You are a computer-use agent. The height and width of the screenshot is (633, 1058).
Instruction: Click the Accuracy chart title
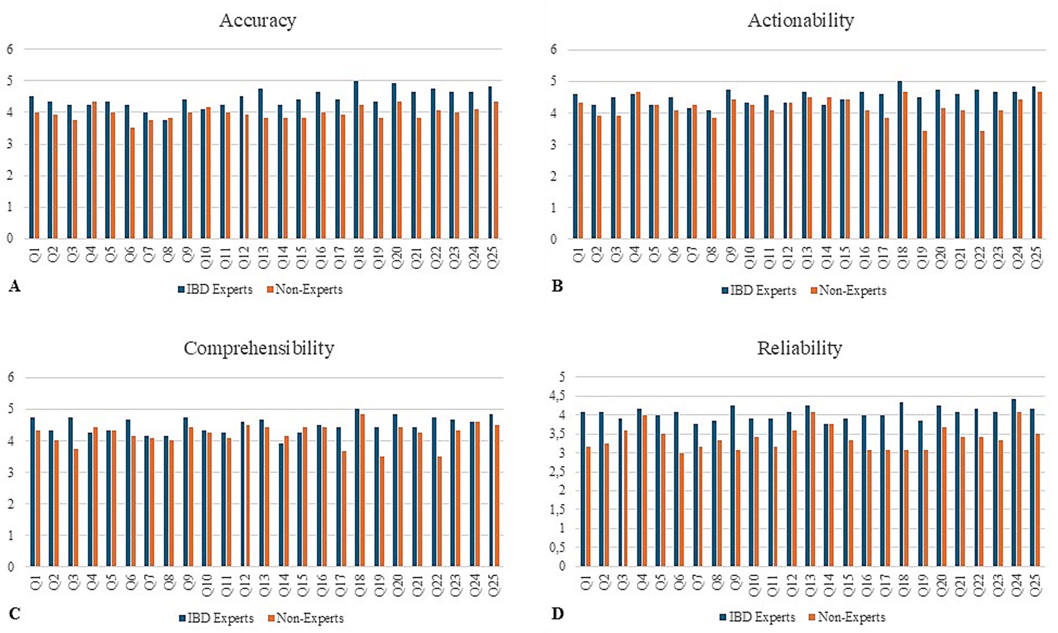coord(257,21)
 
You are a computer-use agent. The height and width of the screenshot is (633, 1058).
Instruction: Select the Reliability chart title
coord(799,348)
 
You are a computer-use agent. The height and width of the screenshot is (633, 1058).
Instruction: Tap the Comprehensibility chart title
coord(259,348)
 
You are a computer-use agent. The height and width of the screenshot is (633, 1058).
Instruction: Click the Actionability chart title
coord(800,21)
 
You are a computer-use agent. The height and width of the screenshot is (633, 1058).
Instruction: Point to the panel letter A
coord(14,286)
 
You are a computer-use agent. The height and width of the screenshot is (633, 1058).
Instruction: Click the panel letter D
coord(557,614)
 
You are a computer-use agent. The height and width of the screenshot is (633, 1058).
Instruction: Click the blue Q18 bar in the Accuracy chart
coord(356,160)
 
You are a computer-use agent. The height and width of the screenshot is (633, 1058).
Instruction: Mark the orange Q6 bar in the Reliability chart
coord(681,510)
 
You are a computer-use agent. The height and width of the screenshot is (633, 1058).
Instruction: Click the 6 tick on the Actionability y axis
coord(553,50)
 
